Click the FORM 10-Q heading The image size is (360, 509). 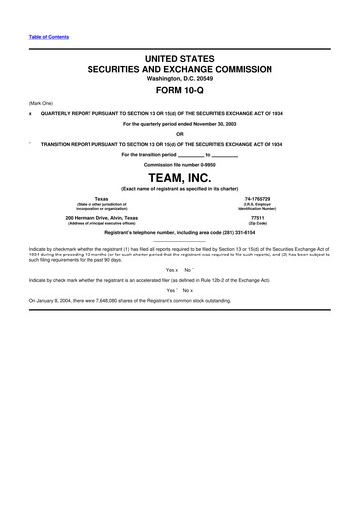pos(179,91)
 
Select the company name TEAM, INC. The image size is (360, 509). pos(180,177)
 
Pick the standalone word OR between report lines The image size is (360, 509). pos(180,134)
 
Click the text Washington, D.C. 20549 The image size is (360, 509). pos(180,78)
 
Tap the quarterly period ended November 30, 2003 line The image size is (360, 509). pos(180,124)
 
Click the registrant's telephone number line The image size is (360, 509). pos(180,231)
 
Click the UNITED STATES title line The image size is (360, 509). pos(180,59)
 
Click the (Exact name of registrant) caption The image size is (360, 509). pos(180,188)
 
